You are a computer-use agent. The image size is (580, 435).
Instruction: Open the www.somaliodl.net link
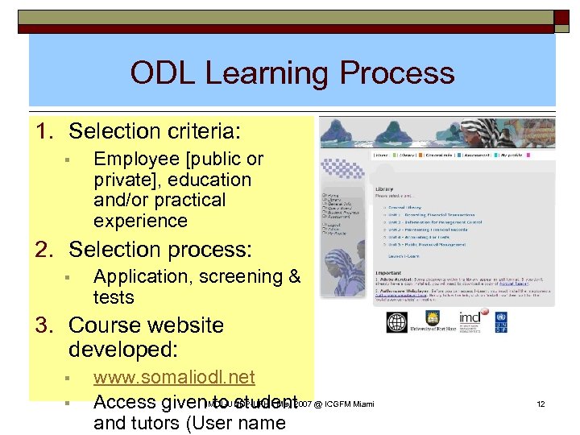(x=174, y=377)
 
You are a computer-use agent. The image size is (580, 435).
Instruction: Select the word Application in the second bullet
(x=139, y=276)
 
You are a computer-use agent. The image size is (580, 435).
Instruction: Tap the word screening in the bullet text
(x=239, y=276)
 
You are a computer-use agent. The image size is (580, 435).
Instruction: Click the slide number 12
(x=541, y=403)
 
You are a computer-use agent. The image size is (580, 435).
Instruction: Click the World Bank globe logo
(x=397, y=322)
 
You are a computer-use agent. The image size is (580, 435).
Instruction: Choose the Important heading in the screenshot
(x=389, y=271)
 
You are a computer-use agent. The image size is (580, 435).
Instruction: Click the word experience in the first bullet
(x=140, y=221)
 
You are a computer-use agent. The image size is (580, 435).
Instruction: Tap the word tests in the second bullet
(x=114, y=297)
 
